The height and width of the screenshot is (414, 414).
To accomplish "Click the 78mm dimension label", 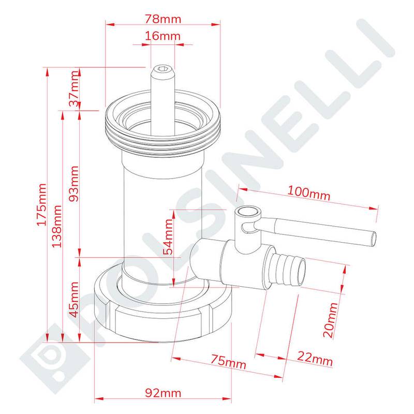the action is tap(163, 19).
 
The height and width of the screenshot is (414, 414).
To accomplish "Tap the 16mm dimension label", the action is tap(162, 36).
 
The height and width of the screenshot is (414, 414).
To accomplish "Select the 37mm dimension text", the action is tap(75, 88).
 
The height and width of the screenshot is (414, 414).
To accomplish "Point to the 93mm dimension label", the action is tap(74, 184).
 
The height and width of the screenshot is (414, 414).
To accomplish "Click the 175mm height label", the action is tap(41, 204).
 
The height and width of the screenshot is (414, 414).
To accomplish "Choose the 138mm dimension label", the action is tap(57, 226).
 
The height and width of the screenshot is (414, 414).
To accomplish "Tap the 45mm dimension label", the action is tap(74, 300).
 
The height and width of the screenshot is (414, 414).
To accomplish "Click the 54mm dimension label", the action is tap(169, 237).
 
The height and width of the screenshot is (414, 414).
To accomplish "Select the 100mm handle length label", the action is tap(308, 193).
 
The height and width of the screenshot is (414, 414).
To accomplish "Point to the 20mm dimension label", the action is tap(331, 320).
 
